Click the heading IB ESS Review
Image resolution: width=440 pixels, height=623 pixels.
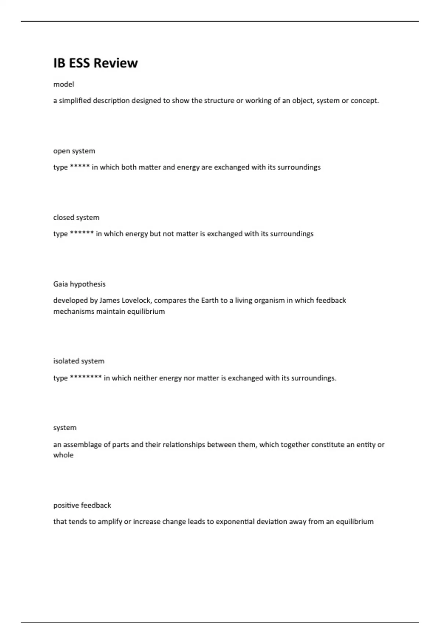point(95,63)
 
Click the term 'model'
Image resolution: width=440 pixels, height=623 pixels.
point(64,84)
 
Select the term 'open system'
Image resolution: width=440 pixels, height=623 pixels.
point(74,151)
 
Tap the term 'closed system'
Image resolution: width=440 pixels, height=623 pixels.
point(76,218)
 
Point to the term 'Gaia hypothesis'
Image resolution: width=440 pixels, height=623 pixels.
point(79,284)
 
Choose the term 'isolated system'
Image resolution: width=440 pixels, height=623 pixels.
point(79,361)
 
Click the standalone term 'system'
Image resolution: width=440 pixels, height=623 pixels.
point(65,428)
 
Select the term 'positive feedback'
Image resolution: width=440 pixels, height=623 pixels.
point(82,505)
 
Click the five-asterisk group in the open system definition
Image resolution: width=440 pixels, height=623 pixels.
point(80,167)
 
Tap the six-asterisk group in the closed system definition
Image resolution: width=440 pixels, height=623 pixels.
point(82,233)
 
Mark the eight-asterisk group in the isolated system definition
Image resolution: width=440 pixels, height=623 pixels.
point(85,377)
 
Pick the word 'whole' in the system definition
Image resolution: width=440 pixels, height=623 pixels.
point(63,455)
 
